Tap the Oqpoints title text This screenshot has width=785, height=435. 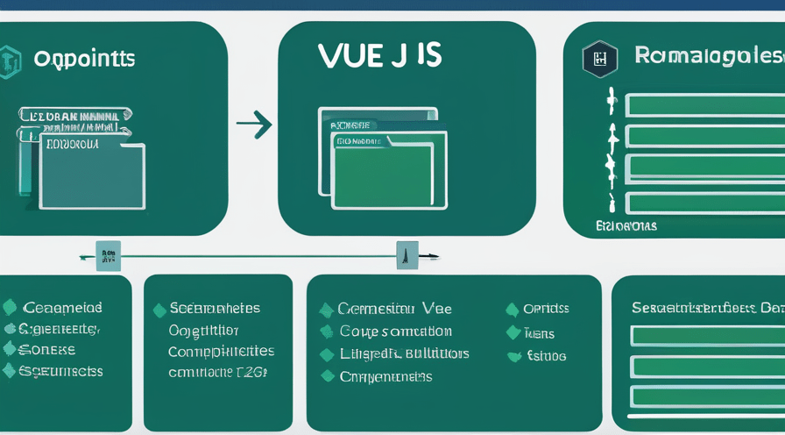point(84,60)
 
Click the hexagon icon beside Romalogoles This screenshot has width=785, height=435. point(600,60)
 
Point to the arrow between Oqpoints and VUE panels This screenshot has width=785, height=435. point(254,125)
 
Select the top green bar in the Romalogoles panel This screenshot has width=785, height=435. point(706,106)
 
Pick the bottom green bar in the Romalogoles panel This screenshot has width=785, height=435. point(706,202)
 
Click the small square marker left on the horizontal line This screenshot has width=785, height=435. point(109,256)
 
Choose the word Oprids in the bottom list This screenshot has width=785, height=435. point(546,309)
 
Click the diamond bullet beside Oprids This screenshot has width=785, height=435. point(513,310)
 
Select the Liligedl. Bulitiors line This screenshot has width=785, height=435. point(404,354)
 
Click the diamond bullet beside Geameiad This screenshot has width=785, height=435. point(11,307)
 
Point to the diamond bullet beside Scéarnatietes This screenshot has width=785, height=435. point(159,310)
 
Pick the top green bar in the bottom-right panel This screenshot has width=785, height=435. point(707,336)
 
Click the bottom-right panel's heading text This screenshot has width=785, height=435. point(707,308)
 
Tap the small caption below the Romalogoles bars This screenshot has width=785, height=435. point(626,226)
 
